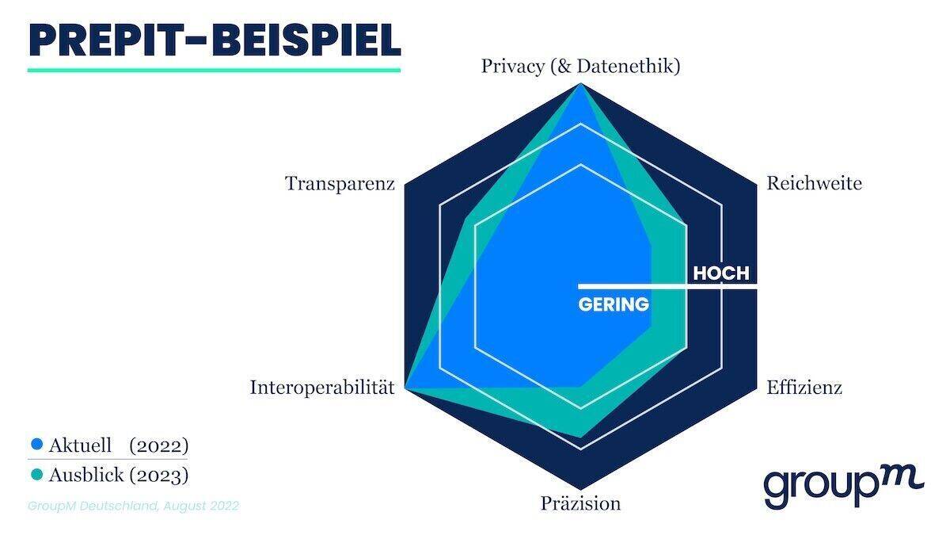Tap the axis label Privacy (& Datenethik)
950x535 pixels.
pyautogui.click(x=580, y=66)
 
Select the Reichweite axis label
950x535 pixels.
pyautogui.click(x=814, y=183)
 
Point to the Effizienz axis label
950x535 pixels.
pyautogui.click(x=804, y=388)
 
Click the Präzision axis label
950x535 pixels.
pyautogui.click(x=580, y=503)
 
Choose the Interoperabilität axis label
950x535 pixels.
pyautogui.click(x=322, y=388)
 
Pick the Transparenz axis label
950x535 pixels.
pyautogui.click(x=340, y=183)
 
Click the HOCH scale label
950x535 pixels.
pyautogui.click(x=720, y=273)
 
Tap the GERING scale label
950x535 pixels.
pyautogui.click(x=614, y=304)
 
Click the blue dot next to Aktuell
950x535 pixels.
pyautogui.click(x=36, y=445)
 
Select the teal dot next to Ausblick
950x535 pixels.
pyautogui.click(x=36, y=476)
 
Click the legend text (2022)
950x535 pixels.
pyautogui.click(x=158, y=445)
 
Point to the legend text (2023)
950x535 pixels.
pyautogui.click(x=158, y=476)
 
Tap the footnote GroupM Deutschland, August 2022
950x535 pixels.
pyautogui.click(x=133, y=506)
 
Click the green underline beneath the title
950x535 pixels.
pyautogui.click(x=214, y=70)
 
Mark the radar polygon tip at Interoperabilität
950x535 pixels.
pyautogui.click(x=406, y=387)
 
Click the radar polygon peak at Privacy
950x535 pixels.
pyautogui.click(x=581, y=86)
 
